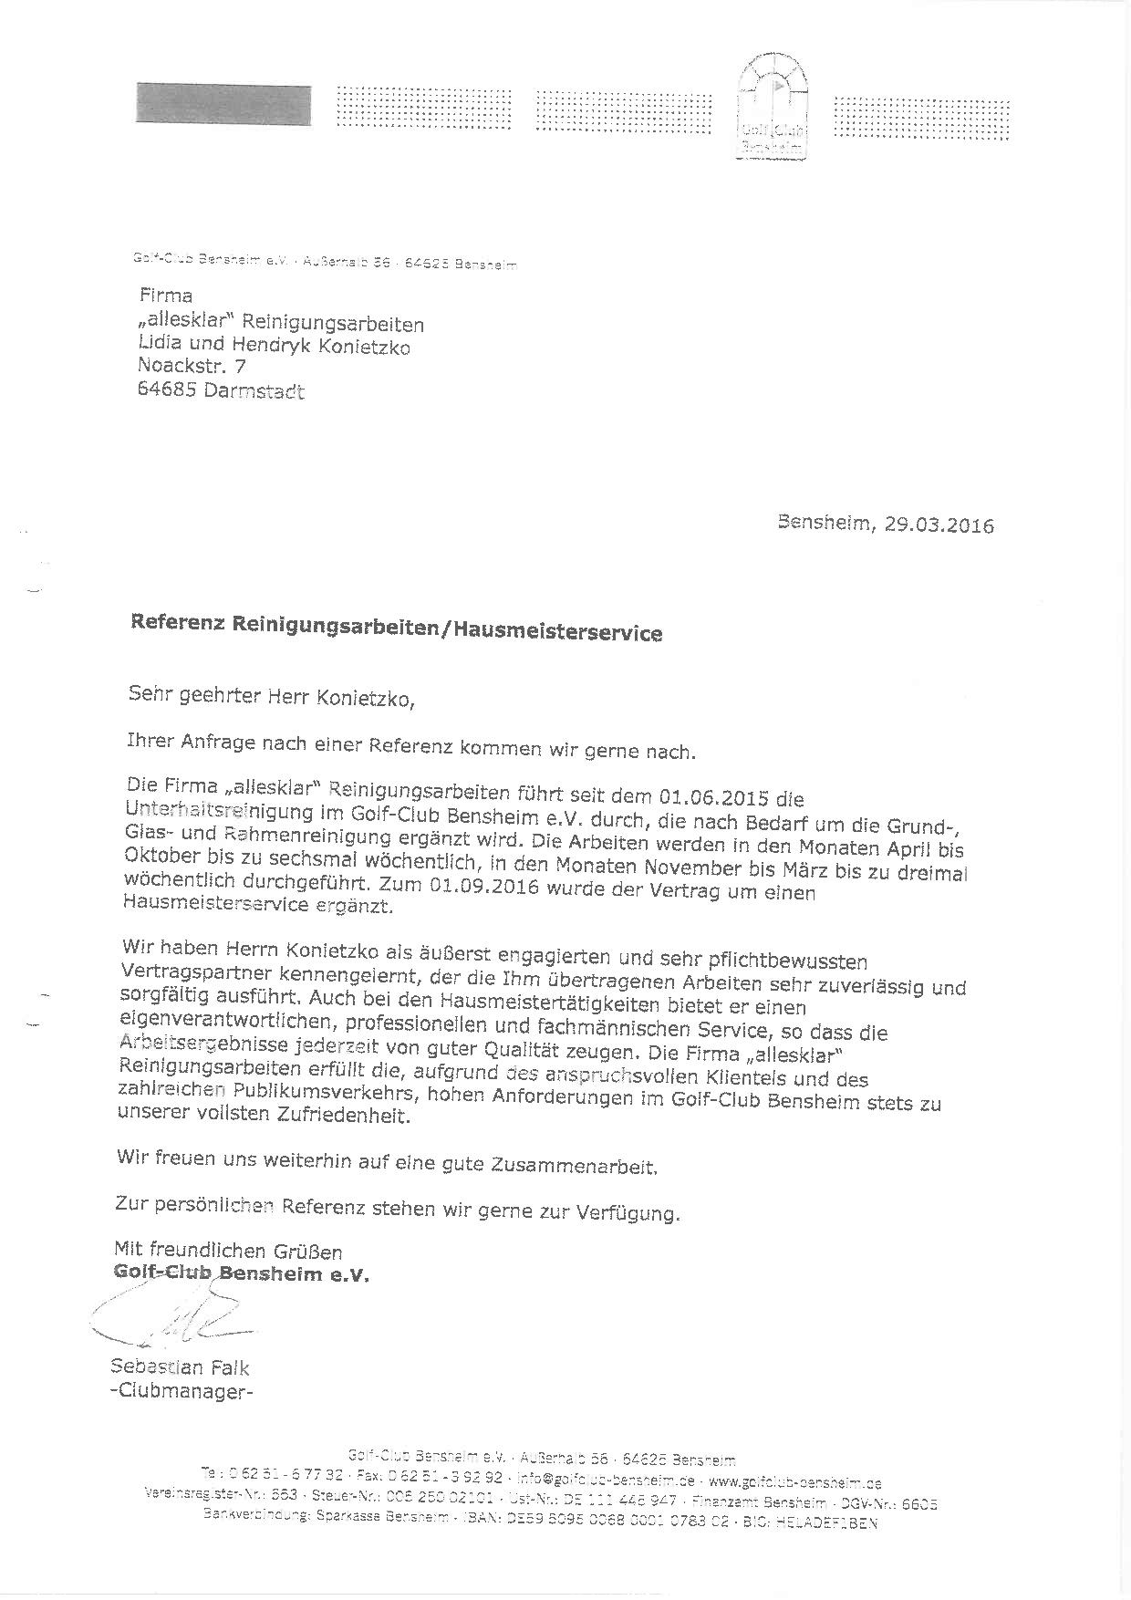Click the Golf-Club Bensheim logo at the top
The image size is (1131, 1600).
773,107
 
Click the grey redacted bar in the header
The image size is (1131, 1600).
223,104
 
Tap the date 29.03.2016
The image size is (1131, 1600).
939,526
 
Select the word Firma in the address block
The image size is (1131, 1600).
165,296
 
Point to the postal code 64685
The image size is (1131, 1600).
166,391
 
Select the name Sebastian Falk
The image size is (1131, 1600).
180,1367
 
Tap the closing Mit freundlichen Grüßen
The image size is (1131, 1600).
228,1251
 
